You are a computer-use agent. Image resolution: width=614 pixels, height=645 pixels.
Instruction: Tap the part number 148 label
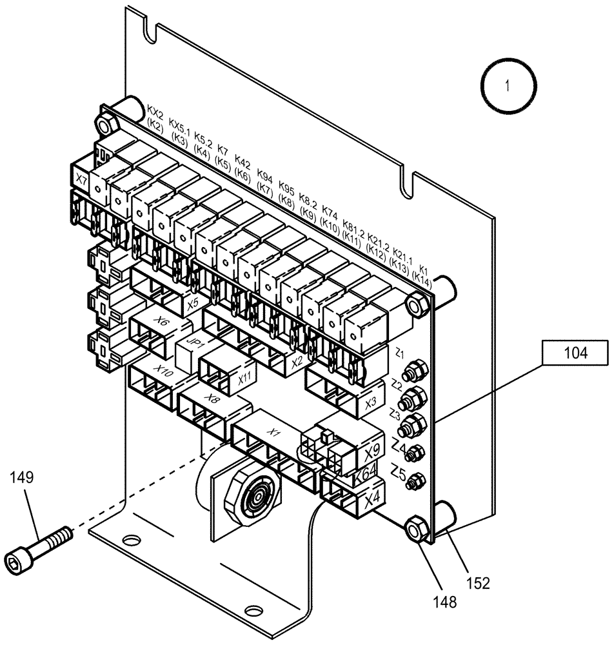[x=445, y=602]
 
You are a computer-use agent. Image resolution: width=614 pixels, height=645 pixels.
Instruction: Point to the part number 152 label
[x=478, y=583]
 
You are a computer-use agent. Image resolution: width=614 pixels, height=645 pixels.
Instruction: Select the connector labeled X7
[x=81, y=179]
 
